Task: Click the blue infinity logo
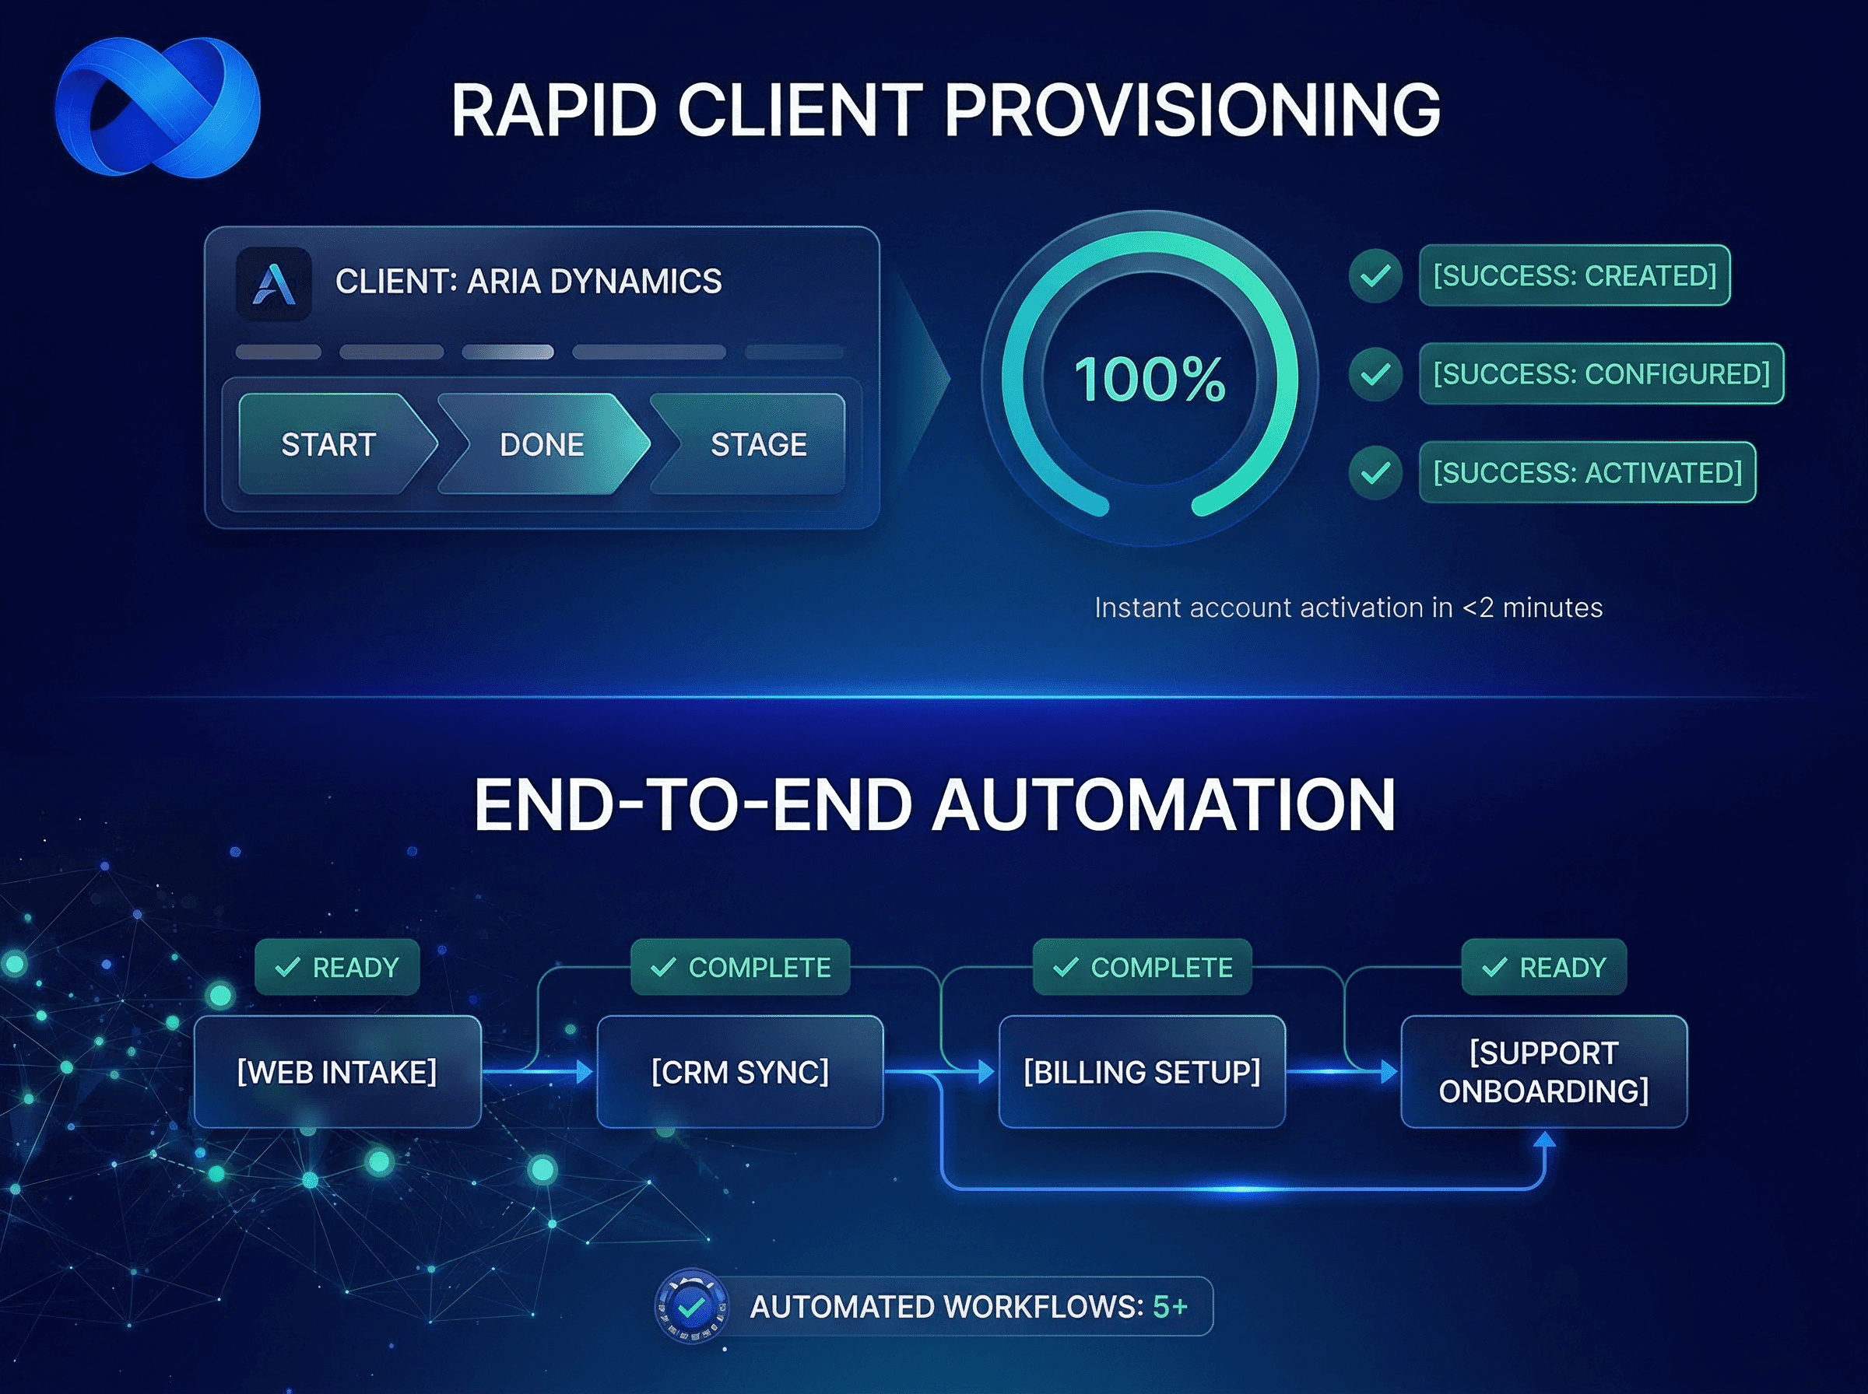(x=158, y=107)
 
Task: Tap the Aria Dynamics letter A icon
(x=273, y=283)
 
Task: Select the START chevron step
(x=329, y=445)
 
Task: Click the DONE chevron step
(x=542, y=445)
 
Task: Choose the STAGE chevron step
(x=758, y=445)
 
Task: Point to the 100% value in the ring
(x=1150, y=380)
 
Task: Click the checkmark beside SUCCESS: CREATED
(x=1375, y=275)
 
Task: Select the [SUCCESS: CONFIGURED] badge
(x=1600, y=374)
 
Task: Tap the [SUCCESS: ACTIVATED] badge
(x=1587, y=472)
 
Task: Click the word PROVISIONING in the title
(x=1192, y=110)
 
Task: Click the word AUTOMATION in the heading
(x=1165, y=805)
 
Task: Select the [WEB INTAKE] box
(x=338, y=1072)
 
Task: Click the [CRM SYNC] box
(x=739, y=1072)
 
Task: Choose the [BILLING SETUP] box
(x=1141, y=1072)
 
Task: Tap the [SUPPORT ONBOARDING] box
(x=1543, y=1072)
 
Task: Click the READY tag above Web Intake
(x=338, y=967)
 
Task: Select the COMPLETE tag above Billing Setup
(x=1142, y=967)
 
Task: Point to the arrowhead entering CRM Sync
(x=584, y=1072)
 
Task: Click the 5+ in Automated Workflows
(x=1170, y=1306)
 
